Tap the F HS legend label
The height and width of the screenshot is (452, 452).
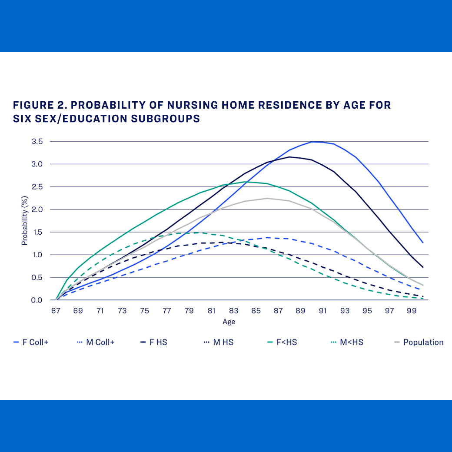158,342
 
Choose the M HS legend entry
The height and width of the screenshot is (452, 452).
221,342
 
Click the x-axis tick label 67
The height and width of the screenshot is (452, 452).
56,311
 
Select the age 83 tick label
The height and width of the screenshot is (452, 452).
234,311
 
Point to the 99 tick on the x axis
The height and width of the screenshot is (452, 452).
412,311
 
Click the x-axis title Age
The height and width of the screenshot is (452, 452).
229,322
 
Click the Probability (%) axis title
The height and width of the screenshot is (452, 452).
25,221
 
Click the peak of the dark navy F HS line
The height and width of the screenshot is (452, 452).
289,157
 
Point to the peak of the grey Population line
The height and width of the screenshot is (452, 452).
267,198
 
